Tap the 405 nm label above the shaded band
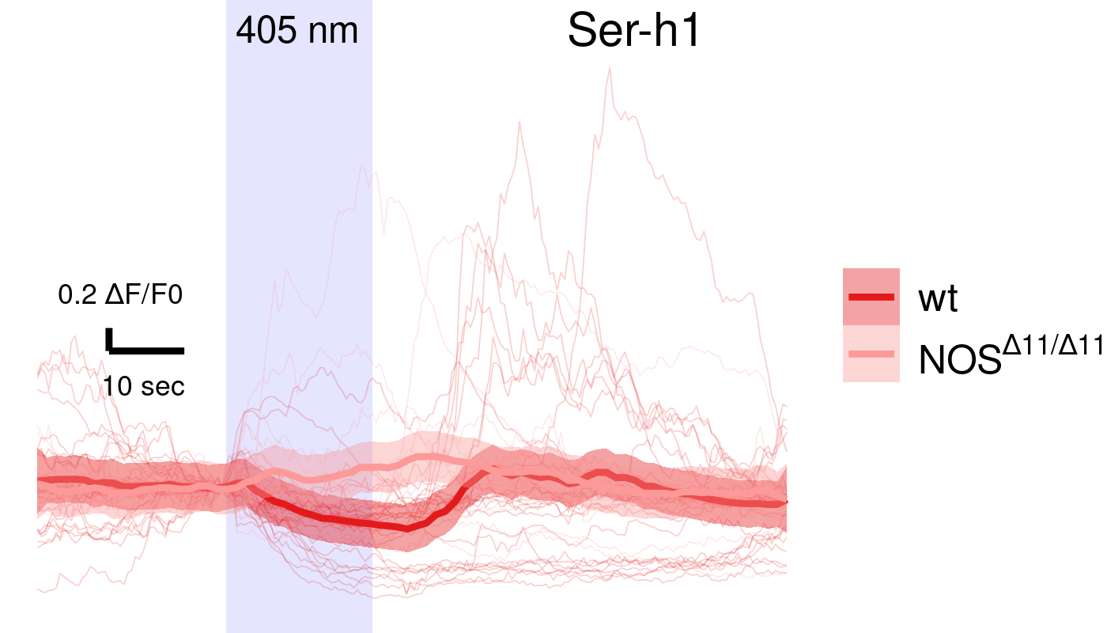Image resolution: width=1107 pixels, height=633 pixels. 297,31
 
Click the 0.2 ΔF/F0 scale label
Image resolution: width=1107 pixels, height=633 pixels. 120,296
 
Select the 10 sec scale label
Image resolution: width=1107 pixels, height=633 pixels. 144,386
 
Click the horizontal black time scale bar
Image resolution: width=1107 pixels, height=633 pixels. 147,349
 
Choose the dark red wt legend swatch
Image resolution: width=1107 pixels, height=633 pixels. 871,297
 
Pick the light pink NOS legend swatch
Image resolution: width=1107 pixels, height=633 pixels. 871,354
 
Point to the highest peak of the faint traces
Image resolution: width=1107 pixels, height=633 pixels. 609,69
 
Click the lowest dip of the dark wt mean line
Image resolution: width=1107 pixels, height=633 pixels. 406,528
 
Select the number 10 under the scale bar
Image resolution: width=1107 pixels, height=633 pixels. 117,386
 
